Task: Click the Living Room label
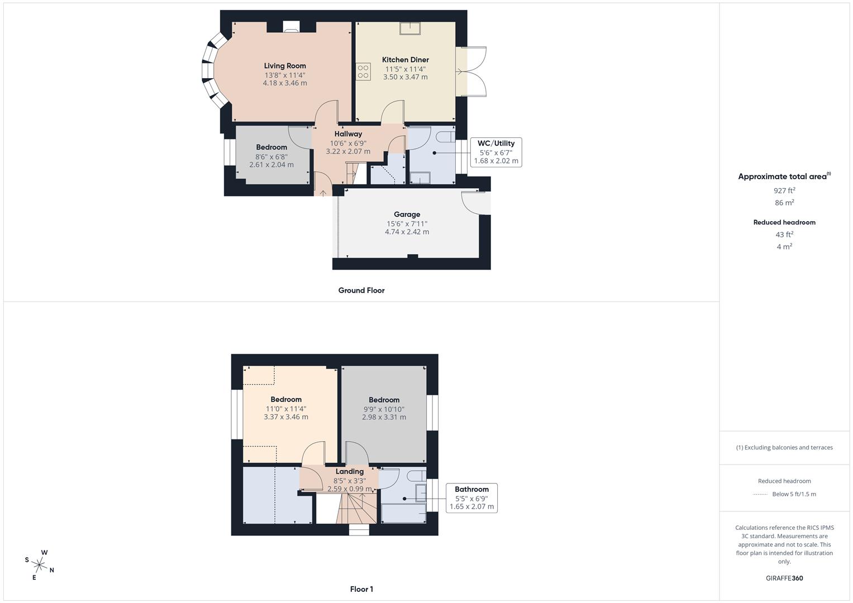click(285, 66)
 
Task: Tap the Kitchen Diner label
click(405, 60)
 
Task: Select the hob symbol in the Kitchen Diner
click(363, 71)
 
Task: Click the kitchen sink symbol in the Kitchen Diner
click(411, 28)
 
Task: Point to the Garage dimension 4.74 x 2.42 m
click(407, 232)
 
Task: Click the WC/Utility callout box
click(496, 152)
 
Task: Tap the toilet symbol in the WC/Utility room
click(446, 137)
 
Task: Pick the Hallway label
click(348, 134)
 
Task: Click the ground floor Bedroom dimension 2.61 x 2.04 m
click(271, 165)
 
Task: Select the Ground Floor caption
click(361, 290)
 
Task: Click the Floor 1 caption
click(361, 589)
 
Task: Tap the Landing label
click(349, 471)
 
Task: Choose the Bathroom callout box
click(471, 498)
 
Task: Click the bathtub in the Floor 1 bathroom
click(403, 513)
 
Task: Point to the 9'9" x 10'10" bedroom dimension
click(384, 409)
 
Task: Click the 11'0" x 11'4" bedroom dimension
click(286, 408)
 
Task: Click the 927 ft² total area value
click(784, 190)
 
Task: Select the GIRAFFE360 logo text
click(784, 578)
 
